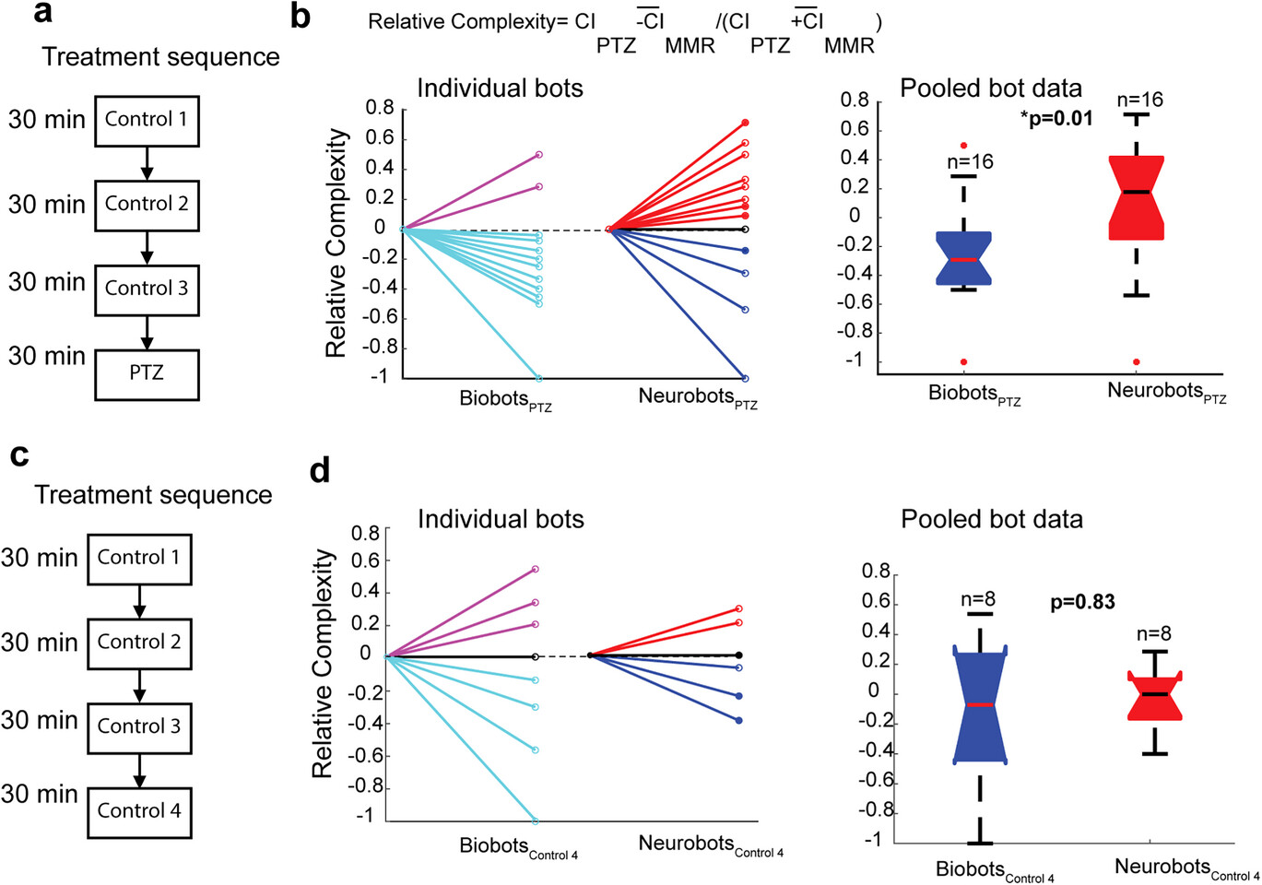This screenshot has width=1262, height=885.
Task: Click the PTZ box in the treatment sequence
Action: [147, 374]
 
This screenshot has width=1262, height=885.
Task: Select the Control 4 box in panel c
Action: [139, 812]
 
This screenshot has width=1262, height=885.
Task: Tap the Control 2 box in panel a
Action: [147, 205]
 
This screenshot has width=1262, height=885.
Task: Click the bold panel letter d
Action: [320, 471]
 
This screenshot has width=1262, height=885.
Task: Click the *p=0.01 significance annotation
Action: [1056, 118]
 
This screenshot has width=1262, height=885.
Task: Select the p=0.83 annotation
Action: [1082, 603]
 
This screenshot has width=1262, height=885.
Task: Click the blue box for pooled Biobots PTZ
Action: [963, 258]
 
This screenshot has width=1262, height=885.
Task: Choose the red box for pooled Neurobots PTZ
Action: [1136, 197]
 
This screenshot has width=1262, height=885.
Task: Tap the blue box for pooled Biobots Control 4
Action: [980, 706]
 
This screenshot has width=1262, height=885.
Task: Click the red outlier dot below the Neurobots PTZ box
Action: [1136, 362]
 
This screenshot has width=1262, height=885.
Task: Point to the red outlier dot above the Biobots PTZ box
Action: [963, 146]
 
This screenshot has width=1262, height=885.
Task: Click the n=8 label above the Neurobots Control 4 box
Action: [1153, 634]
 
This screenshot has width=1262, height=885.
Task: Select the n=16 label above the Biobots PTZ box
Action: [970, 162]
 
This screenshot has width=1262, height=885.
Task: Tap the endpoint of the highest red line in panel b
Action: [745, 123]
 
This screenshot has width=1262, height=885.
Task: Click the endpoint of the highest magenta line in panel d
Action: [535, 570]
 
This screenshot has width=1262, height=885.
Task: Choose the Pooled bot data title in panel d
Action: [991, 520]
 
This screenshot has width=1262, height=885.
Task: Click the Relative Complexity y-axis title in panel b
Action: [336, 242]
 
